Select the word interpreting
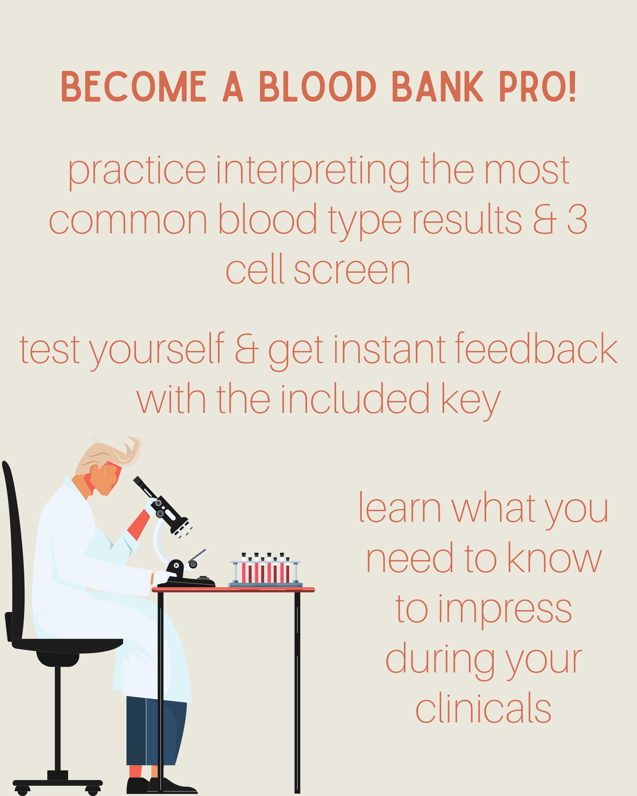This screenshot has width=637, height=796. (312, 172)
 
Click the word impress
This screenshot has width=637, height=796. (483, 610)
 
